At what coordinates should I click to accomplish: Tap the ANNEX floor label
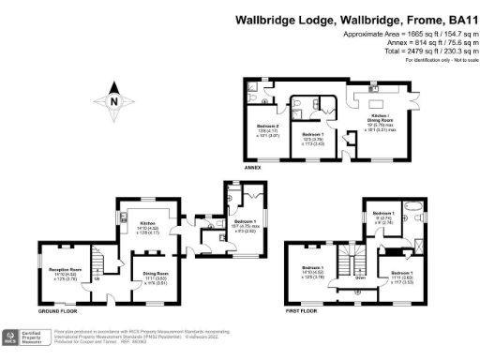[251, 168]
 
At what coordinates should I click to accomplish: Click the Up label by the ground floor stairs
[97, 277]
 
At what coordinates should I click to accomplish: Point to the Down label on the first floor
[359, 278]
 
